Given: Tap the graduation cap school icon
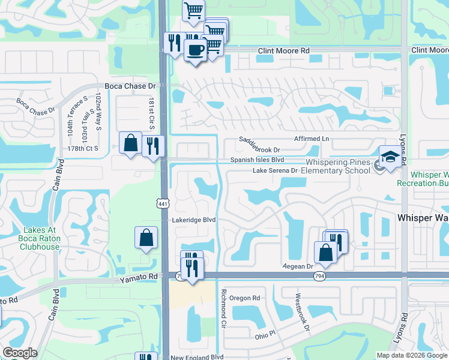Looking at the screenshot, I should pyautogui.click(x=391, y=158).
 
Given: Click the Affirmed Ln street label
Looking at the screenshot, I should pyautogui.click(x=312, y=139).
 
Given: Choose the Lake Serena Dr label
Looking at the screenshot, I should pyautogui.click(x=275, y=170).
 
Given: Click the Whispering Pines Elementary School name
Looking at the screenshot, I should pyautogui.click(x=337, y=167).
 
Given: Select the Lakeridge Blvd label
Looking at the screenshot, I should pyautogui.click(x=194, y=220).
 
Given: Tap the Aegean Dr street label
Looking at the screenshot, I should pyautogui.click(x=298, y=266).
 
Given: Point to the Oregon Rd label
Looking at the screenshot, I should pyautogui.click(x=244, y=298).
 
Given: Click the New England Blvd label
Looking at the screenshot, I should pyautogui.click(x=197, y=358).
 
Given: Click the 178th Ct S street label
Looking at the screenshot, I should pyautogui.click(x=82, y=148).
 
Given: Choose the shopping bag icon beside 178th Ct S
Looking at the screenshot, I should pyautogui.click(x=130, y=143).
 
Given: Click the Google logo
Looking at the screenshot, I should pyautogui.click(x=20, y=353).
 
